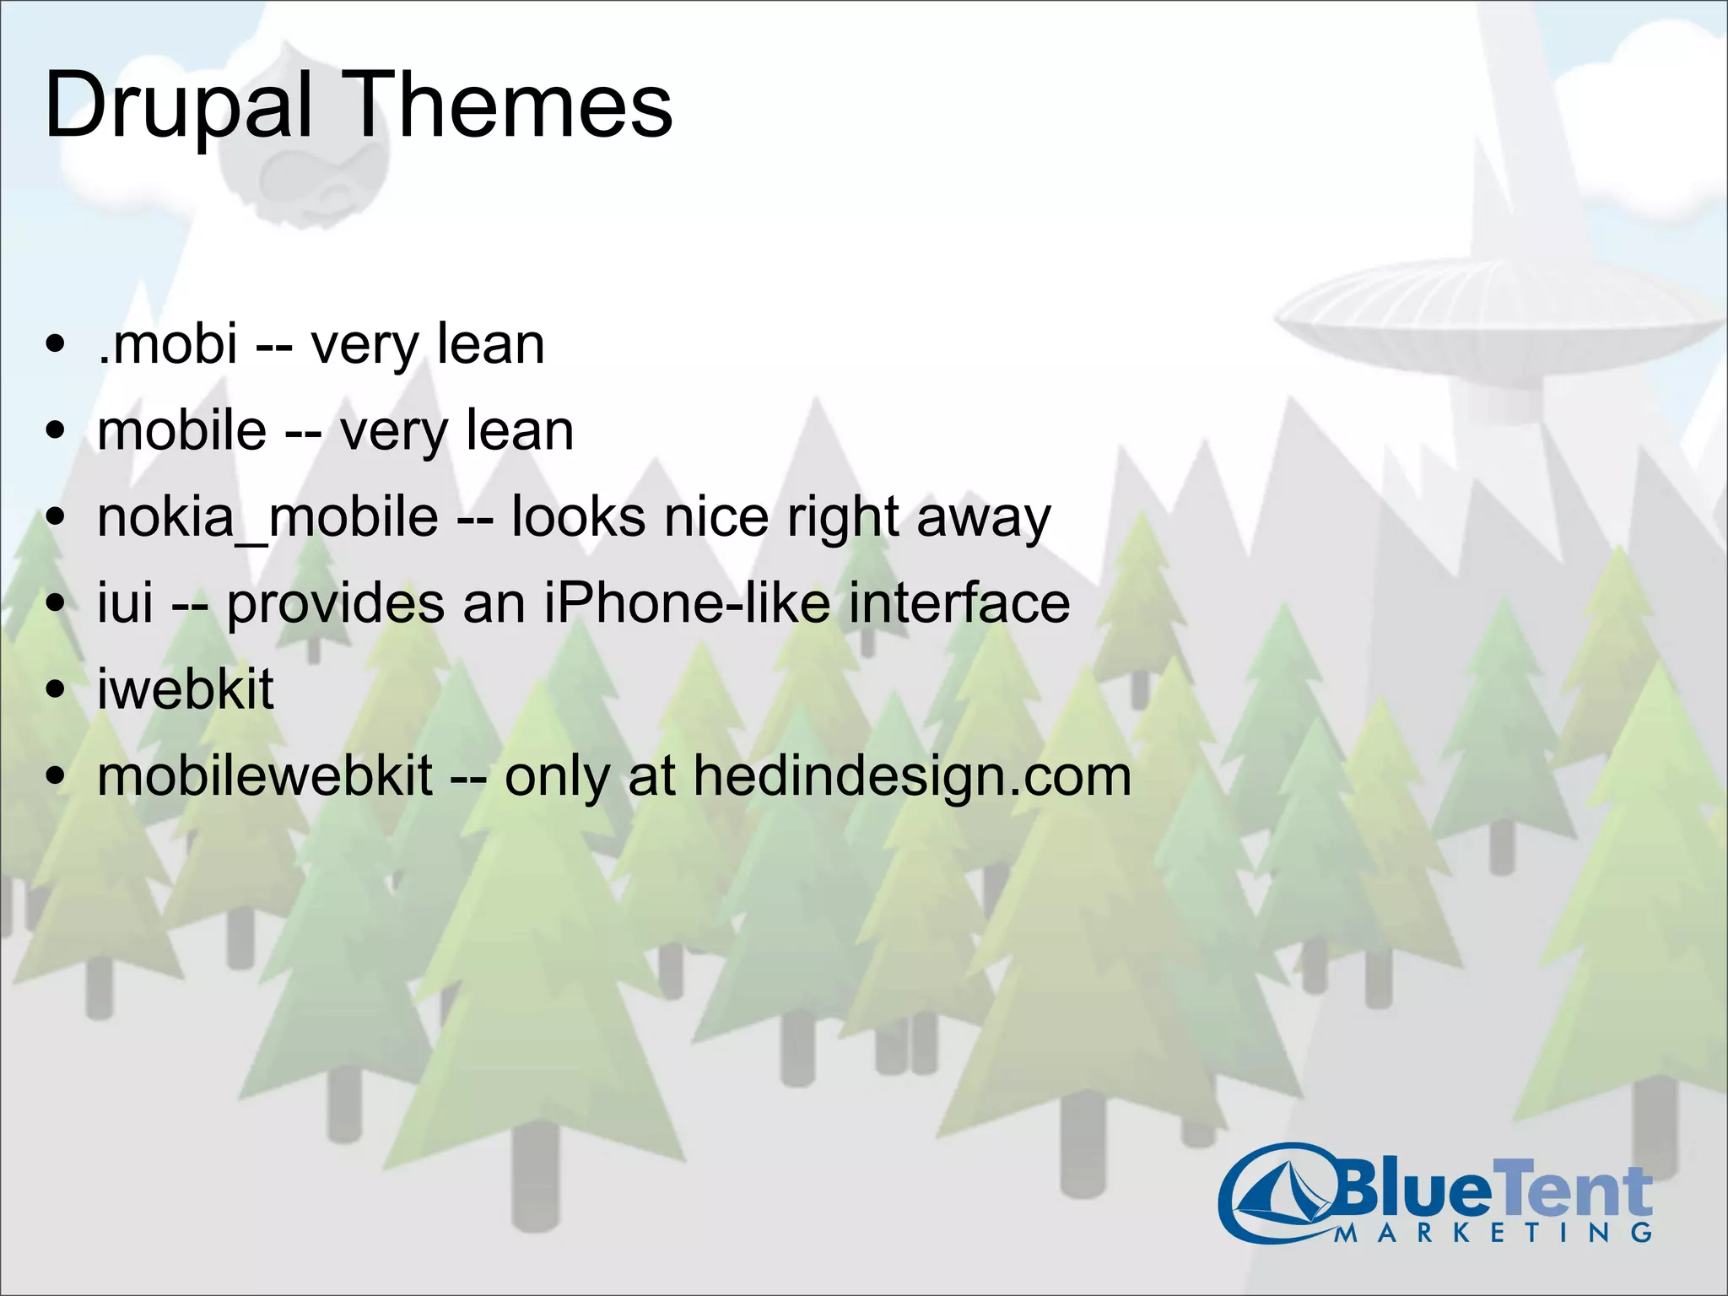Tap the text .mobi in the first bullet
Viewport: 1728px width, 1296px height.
[x=167, y=343]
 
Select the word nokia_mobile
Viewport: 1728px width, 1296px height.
[x=267, y=516]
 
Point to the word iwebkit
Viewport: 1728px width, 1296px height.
[x=185, y=688]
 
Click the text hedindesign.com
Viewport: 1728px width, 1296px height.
[x=911, y=776]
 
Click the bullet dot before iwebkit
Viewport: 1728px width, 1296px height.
[x=56, y=689]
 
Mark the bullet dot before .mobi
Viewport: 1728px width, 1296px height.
[x=56, y=344]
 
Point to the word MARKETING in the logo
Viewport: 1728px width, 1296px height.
[x=1493, y=1233]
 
